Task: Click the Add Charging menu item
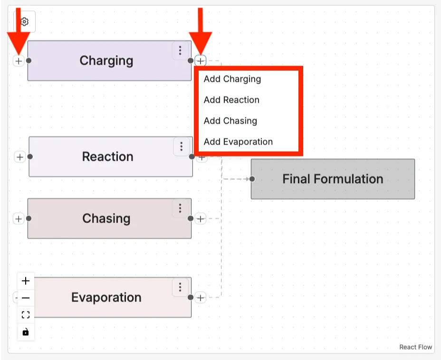(x=232, y=79)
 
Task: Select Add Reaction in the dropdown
(x=231, y=100)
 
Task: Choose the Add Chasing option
(x=230, y=121)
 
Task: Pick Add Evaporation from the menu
(x=238, y=142)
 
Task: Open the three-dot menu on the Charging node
(x=180, y=50)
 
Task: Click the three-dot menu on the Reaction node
(x=181, y=147)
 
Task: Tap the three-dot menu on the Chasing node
(x=180, y=208)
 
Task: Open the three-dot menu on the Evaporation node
(x=180, y=287)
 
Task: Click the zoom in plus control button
(x=26, y=281)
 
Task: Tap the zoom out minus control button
(x=26, y=298)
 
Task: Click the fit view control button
(x=26, y=315)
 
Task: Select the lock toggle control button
(x=26, y=332)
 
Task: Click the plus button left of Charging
(x=19, y=61)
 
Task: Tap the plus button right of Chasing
(x=201, y=219)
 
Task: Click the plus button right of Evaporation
(x=201, y=298)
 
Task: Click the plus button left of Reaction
(x=19, y=157)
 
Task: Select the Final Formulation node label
(x=333, y=179)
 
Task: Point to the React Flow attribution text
(x=416, y=347)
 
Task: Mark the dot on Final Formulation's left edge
(x=252, y=179)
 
